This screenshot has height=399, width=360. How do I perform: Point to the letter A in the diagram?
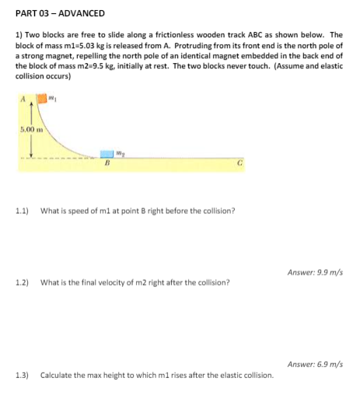[24, 97]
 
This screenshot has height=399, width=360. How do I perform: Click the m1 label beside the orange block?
[53, 98]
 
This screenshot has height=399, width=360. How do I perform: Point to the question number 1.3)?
[23, 375]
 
